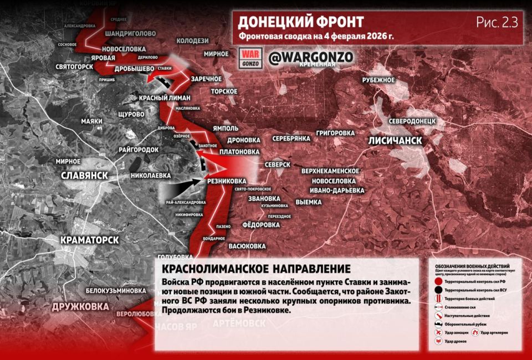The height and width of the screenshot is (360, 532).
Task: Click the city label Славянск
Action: [84, 176]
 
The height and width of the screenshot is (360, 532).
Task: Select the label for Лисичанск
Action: [395, 141]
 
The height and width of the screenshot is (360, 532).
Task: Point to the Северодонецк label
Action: [413, 120]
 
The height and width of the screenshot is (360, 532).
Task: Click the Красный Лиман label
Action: [165, 98]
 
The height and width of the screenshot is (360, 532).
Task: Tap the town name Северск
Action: [277, 164]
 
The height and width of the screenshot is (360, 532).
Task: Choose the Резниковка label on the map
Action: [226, 181]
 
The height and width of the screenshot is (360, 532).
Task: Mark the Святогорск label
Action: [74, 66]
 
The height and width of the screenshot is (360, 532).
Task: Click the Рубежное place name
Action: [378, 80]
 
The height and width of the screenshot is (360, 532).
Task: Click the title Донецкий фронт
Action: [300, 22]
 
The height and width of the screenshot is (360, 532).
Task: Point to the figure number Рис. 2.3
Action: [496, 23]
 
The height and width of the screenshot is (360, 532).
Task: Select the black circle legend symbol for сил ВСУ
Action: [438, 290]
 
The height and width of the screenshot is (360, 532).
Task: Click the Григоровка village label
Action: [335, 133]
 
